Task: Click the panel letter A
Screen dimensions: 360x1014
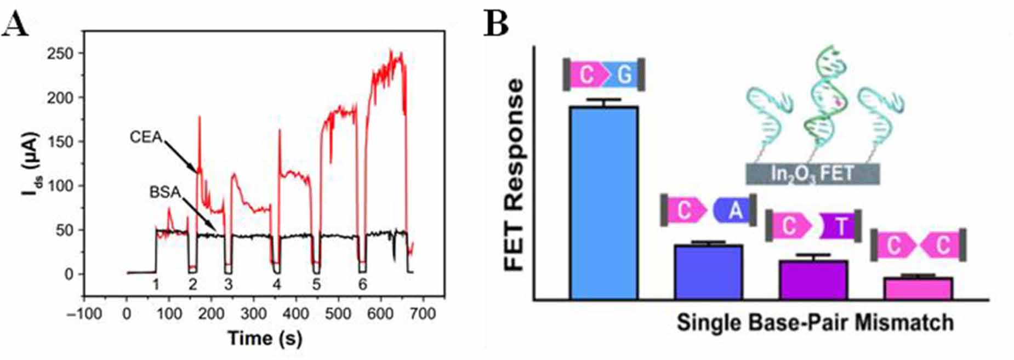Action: pos(15,25)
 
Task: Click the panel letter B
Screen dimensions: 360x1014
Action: pos(496,25)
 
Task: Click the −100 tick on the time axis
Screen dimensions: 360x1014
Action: pos(84,313)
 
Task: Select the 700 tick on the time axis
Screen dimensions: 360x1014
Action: pos(423,313)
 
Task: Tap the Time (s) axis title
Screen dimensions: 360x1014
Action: pos(265,338)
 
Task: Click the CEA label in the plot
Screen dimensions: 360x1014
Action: pos(146,136)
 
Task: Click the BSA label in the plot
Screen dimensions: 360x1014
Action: pos(165,192)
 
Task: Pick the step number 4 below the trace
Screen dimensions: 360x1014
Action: pos(277,284)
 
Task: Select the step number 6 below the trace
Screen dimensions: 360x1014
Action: pos(362,284)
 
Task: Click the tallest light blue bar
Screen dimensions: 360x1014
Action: pos(603,203)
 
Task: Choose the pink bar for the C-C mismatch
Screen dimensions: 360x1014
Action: pos(918,288)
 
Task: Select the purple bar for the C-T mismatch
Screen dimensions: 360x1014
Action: pos(813,279)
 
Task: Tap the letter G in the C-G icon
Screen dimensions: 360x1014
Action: pos(624,75)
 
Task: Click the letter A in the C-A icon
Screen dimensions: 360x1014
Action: pos(735,210)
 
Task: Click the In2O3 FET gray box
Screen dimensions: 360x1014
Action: pos(812,174)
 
